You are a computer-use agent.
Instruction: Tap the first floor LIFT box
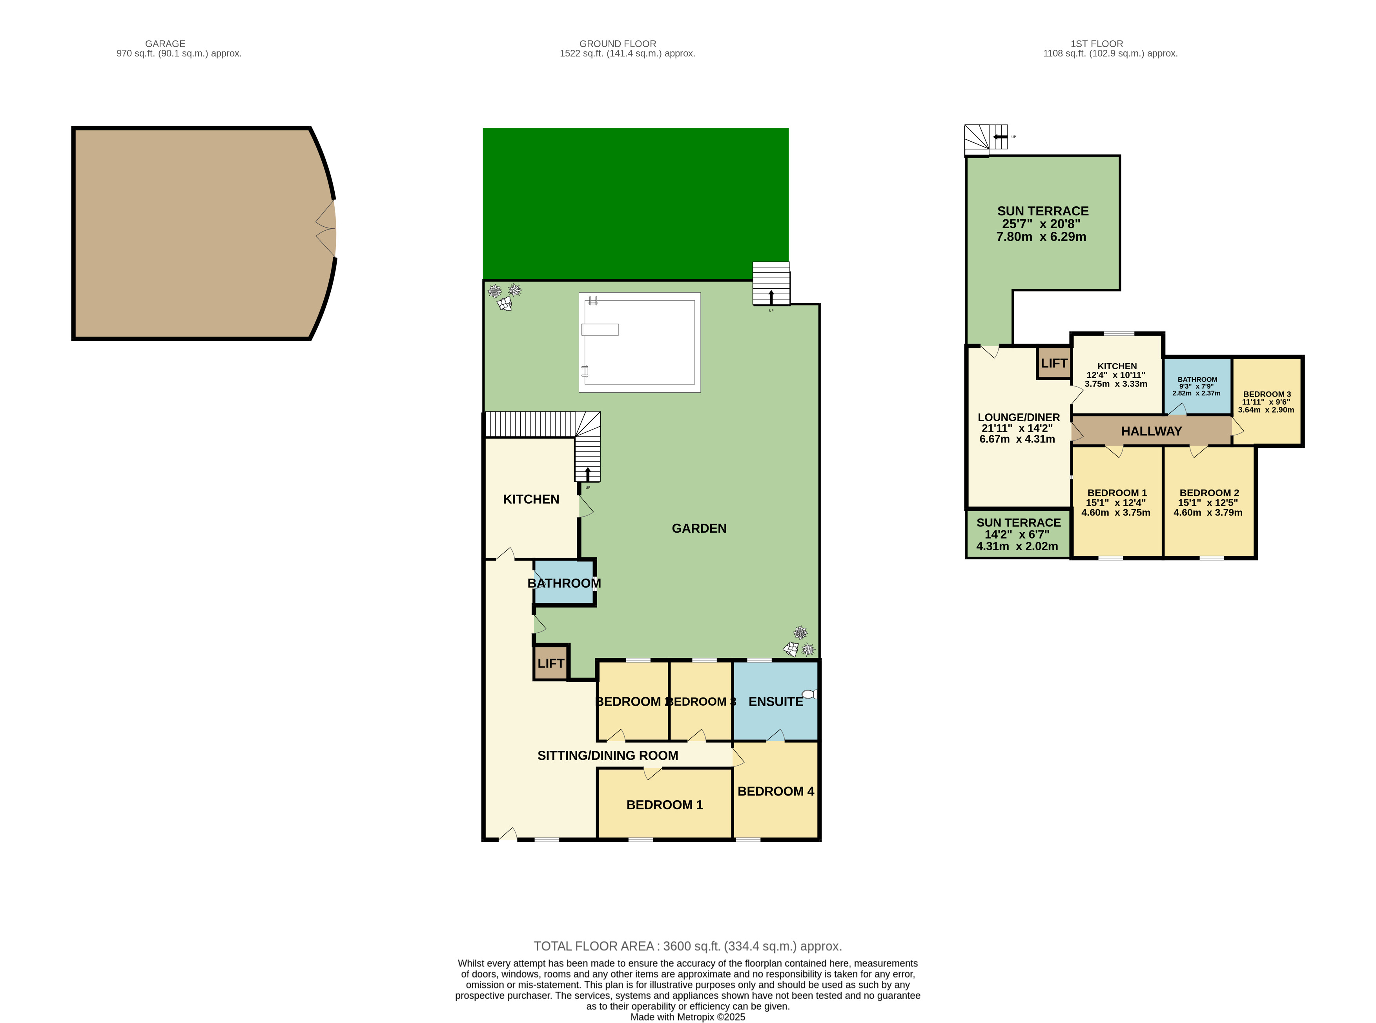click(1053, 363)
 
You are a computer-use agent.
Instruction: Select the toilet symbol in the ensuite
click(809, 694)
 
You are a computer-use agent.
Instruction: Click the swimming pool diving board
click(600, 329)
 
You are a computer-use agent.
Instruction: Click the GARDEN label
click(698, 528)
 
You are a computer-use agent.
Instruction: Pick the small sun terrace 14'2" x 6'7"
click(1017, 534)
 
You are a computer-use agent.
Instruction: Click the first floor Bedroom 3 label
click(1267, 394)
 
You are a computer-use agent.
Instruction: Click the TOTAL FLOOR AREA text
click(687, 946)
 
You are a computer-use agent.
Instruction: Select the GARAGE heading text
click(165, 44)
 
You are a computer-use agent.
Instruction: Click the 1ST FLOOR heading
click(1096, 44)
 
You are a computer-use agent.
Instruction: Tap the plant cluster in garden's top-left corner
click(504, 297)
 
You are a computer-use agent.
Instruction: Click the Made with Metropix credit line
click(687, 1017)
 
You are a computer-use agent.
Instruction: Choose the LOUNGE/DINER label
click(1018, 417)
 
